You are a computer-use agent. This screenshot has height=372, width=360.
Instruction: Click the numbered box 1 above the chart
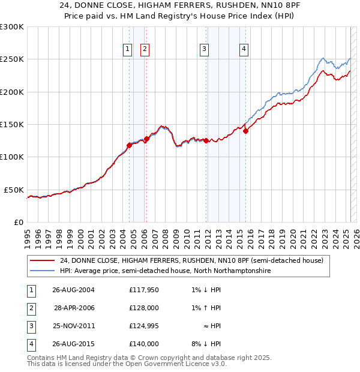128,50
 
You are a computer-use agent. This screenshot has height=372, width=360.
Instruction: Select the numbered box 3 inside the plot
205,50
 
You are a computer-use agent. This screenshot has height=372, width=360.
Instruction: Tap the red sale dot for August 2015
245,131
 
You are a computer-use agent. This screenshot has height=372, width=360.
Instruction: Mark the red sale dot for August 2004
129,145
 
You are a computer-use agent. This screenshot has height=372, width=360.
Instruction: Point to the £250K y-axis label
12,59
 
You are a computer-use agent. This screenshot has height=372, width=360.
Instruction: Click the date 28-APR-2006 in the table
74,307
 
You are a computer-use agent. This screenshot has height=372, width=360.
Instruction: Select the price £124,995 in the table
144,326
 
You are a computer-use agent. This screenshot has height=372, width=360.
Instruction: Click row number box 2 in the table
31,307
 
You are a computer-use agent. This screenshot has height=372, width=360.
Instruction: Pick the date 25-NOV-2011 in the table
74,326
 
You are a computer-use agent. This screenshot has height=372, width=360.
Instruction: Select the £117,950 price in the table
144,289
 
